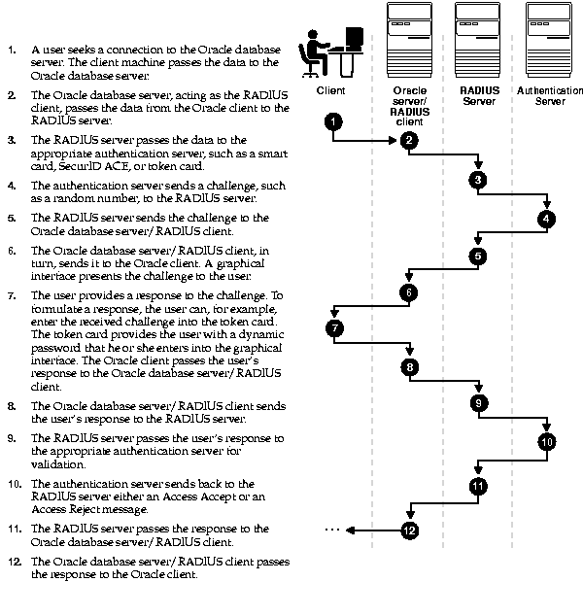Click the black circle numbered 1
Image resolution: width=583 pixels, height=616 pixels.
click(333, 121)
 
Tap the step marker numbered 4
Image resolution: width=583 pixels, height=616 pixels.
click(548, 219)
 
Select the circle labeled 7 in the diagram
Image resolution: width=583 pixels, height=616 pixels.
click(335, 328)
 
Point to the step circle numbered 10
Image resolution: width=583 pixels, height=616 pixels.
click(548, 441)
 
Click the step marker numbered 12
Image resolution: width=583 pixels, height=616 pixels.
click(409, 530)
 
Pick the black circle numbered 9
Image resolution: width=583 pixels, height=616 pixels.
click(477, 403)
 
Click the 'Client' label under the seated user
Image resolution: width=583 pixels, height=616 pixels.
click(331, 90)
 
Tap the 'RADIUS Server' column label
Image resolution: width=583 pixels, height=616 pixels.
click(479, 95)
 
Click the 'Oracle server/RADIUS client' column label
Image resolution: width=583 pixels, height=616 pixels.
click(409, 106)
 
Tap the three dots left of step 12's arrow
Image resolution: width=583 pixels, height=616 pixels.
click(331, 530)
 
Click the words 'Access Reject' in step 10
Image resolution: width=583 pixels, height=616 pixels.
click(67, 508)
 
